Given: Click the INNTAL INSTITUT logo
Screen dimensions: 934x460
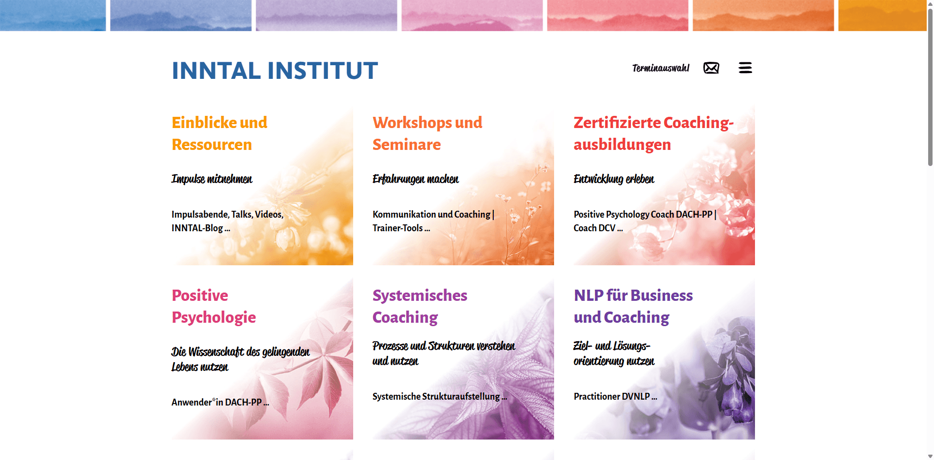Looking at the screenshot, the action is pos(275,71).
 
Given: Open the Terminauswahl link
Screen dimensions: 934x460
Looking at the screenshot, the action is pos(661,68).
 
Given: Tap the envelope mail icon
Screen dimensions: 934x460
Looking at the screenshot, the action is pos(711,68).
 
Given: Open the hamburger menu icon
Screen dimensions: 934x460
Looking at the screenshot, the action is pos(745,68).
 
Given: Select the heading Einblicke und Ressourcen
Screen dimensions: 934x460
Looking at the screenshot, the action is pos(219,133).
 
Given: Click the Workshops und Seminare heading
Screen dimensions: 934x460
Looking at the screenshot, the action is pos(427,133).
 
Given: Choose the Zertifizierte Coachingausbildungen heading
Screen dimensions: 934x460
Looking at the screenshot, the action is pos(653,133).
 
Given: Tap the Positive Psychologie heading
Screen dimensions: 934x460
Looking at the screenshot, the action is pos(214,306).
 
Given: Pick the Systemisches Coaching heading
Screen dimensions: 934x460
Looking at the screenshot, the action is pos(420,306).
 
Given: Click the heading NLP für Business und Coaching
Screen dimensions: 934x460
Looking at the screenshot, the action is pos(633,306).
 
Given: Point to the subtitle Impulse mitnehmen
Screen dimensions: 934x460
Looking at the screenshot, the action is pos(212,179).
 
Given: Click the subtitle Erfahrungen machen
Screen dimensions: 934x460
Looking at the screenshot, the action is pos(415,179).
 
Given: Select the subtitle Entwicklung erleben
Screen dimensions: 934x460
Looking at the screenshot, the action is pos(614,179).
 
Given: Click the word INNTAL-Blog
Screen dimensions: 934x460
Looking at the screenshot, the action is pos(197,228).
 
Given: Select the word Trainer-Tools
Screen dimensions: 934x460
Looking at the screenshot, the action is pos(397,228).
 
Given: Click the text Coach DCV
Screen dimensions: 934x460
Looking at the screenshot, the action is pos(594,228).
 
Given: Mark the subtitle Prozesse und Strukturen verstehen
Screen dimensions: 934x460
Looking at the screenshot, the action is pos(444,346).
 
